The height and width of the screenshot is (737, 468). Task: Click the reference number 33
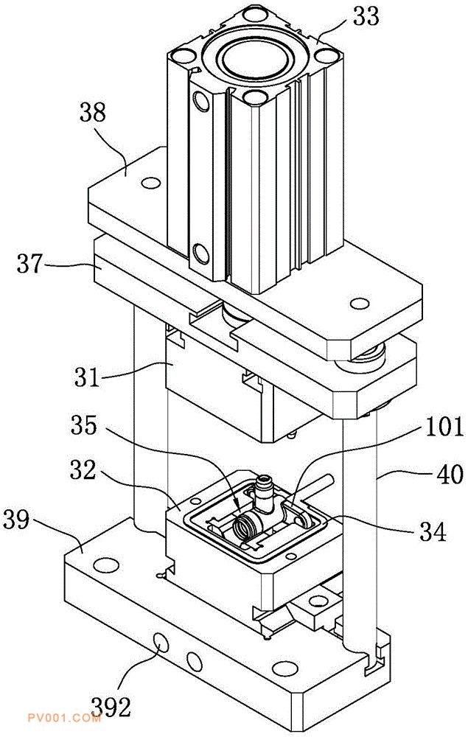[x=366, y=17]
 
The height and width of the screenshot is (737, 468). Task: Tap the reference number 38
[x=93, y=113]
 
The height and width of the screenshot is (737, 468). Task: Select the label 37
[x=30, y=264]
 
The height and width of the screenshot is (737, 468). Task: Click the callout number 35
[x=84, y=425]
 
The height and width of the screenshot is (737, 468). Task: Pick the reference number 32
[x=83, y=469]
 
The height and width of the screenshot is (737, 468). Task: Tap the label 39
[x=16, y=520]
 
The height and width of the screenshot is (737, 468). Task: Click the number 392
[x=111, y=707]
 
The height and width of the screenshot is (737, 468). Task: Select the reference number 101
[x=444, y=427]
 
